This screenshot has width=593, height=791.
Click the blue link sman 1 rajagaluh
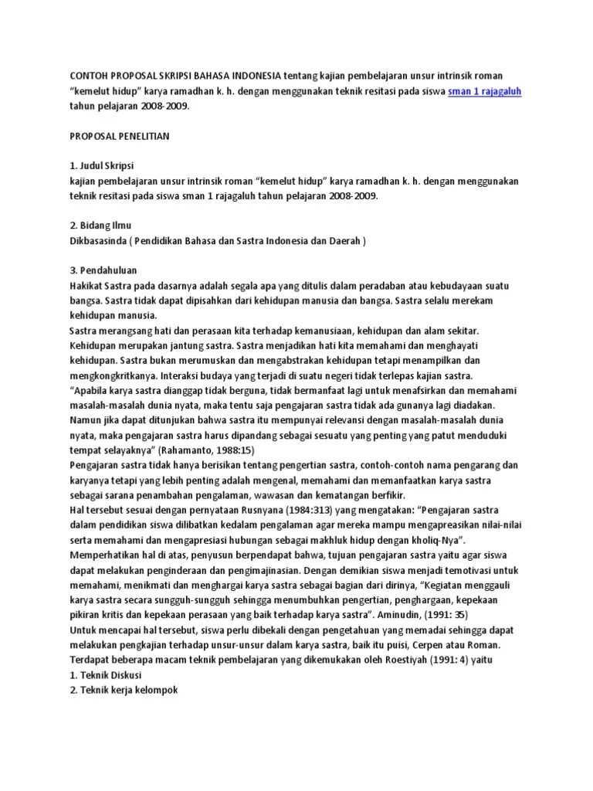pos(485,91)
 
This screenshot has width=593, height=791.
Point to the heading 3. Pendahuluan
pos(103,270)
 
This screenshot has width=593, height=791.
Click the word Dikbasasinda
pos(99,240)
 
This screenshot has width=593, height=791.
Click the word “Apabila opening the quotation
pos(91,390)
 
